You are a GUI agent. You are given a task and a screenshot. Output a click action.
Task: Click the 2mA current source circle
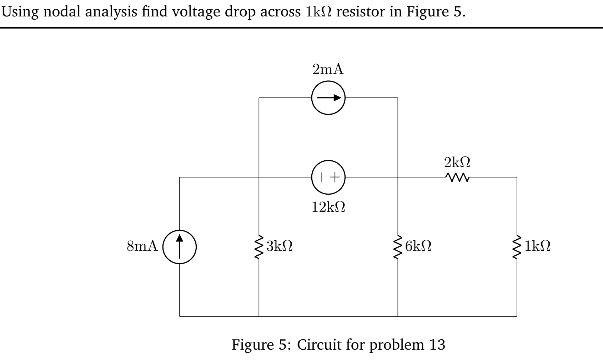click(x=328, y=97)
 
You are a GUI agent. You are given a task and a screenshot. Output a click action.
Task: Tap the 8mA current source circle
click(x=180, y=246)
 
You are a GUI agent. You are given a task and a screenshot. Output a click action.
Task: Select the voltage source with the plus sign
click(x=328, y=177)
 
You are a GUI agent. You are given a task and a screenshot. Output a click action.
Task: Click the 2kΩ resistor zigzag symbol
click(x=457, y=177)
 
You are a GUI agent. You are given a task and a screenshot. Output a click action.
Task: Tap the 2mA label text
click(x=328, y=69)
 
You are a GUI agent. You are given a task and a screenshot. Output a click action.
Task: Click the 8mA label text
click(x=142, y=246)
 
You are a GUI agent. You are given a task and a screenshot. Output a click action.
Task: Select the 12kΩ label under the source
click(x=328, y=207)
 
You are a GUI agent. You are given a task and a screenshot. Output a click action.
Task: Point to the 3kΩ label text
click(x=280, y=246)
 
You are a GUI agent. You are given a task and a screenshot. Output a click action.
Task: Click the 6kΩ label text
click(x=418, y=246)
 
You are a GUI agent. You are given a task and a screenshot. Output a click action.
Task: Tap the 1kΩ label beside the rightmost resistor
click(x=537, y=246)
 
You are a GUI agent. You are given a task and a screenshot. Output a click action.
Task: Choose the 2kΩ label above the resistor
click(x=457, y=162)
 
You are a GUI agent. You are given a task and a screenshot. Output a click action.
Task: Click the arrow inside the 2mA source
click(x=328, y=97)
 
